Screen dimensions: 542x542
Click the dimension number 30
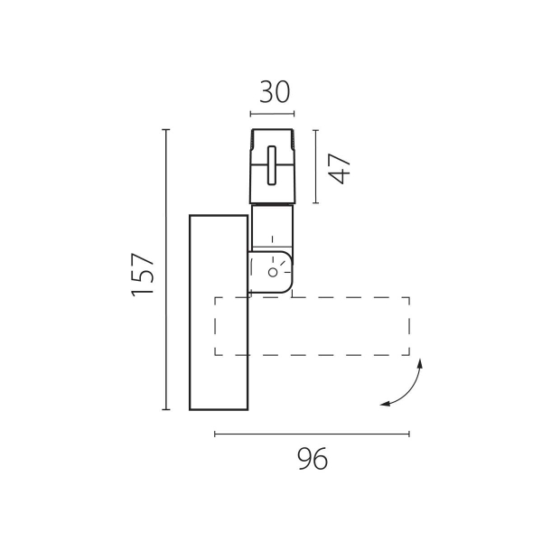[275, 92]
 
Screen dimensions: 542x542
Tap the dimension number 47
[340, 168]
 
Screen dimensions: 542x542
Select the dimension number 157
[143, 275]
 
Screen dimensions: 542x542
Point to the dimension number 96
[313, 458]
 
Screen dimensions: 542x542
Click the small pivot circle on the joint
[273, 272]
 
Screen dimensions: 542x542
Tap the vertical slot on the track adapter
[272, 165]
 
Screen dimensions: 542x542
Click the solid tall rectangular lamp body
[219, 313]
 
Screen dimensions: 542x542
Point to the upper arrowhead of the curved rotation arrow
[420, 363]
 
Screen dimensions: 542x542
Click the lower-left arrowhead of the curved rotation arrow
[385, 404]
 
